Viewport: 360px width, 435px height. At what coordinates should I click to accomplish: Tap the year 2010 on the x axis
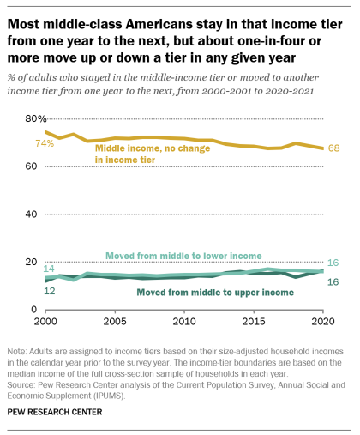tap(183, 321)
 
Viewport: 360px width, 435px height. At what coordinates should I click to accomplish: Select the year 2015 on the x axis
tap(252, 321)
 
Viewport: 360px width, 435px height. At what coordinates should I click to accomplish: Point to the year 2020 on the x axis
tap(322, 321)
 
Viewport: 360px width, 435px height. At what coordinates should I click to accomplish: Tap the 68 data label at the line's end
tap(334, 148)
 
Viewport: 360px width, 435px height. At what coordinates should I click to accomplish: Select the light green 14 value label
tap(49, 269)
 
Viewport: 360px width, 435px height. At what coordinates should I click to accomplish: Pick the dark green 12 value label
tap(49, 292)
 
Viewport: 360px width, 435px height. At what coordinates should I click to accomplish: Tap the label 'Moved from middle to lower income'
tap(183, 256)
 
